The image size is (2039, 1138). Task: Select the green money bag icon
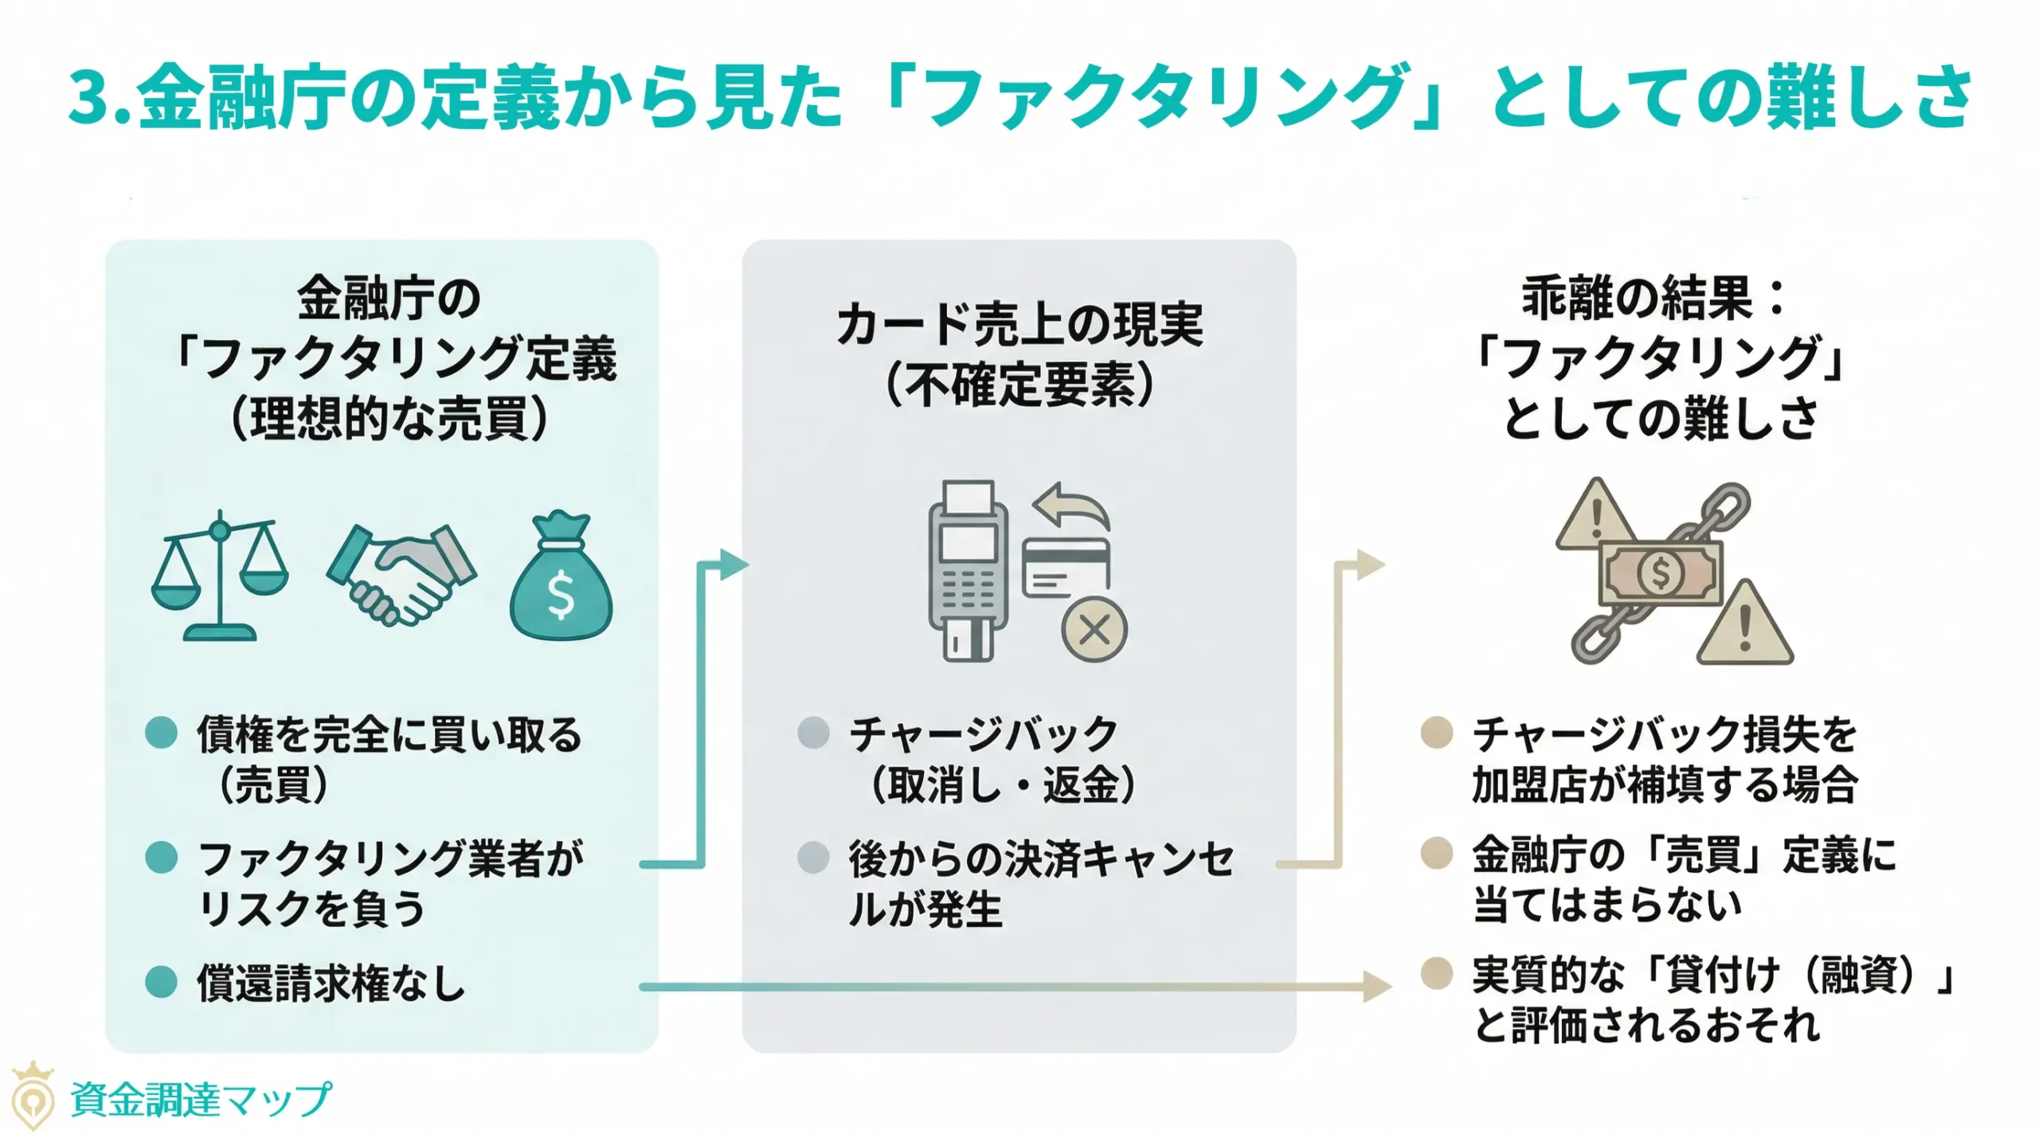point(561,577)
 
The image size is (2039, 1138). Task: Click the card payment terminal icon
point(968,570)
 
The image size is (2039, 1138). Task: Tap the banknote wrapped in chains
point(1661,573)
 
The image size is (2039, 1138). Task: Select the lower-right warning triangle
point(1744,625)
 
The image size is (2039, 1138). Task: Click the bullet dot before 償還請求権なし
point(161,983)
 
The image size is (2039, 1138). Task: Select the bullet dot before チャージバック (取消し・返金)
point(813,733)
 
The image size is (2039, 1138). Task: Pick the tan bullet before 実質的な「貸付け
point(1437,973)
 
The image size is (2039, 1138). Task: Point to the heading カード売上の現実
point(1019,325)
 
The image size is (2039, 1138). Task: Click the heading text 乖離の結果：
point(1653,298)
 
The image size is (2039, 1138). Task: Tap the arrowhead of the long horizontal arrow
point(1376,987)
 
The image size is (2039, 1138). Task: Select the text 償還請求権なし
point(331,984)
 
